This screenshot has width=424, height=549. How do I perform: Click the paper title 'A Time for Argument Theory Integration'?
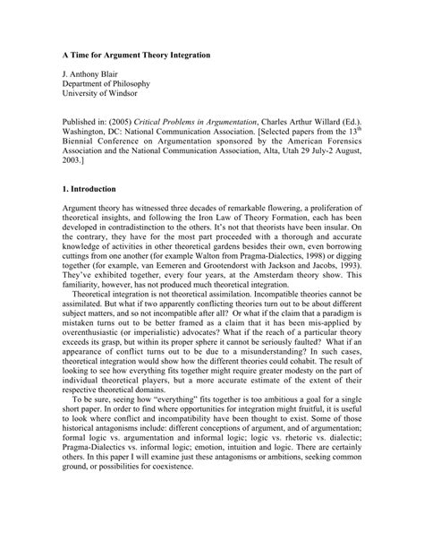[x=130, y=55]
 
